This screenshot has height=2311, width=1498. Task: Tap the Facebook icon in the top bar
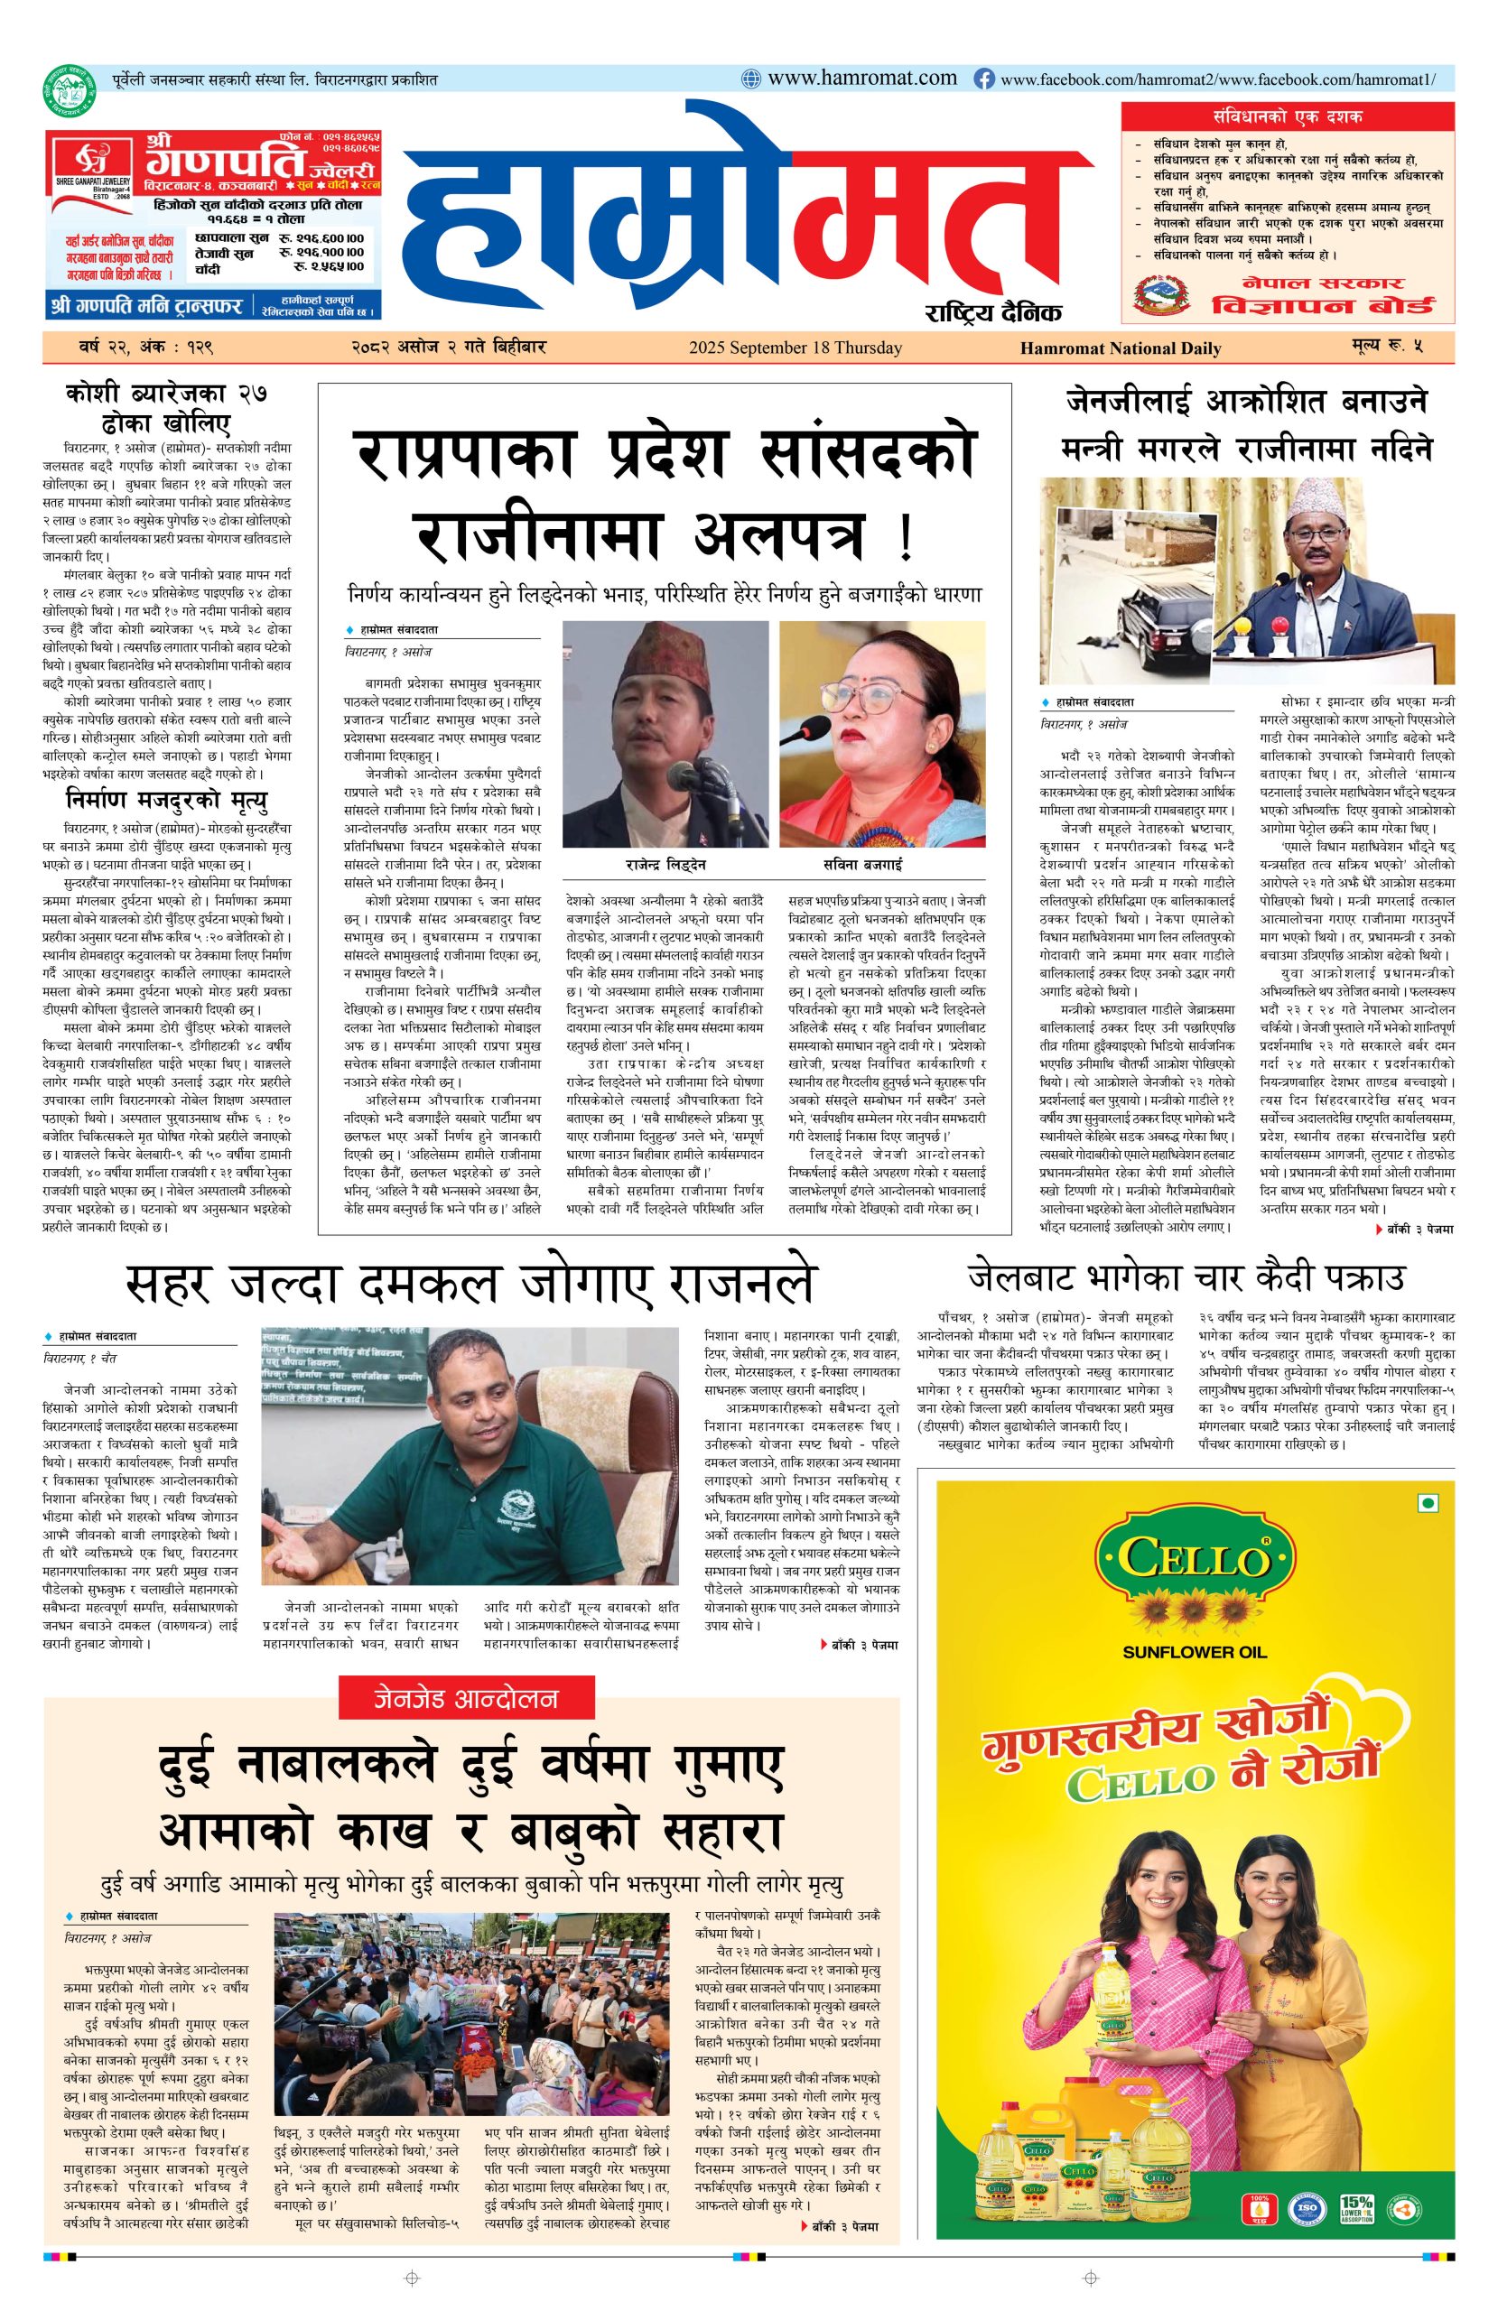pos(983,79)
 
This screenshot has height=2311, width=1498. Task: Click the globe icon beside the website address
pos(751,79)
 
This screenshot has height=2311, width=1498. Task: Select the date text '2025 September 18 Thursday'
pos(795,348)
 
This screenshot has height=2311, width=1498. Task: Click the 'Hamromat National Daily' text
pos(1120,348)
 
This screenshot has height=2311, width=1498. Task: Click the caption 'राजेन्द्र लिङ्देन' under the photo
pos(665,863)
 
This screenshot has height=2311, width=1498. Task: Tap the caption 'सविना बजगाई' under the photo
pos(881,863)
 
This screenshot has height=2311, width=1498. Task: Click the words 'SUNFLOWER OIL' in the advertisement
pos(1194,1651)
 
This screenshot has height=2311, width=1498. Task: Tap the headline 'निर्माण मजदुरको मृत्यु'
pos(166,801)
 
